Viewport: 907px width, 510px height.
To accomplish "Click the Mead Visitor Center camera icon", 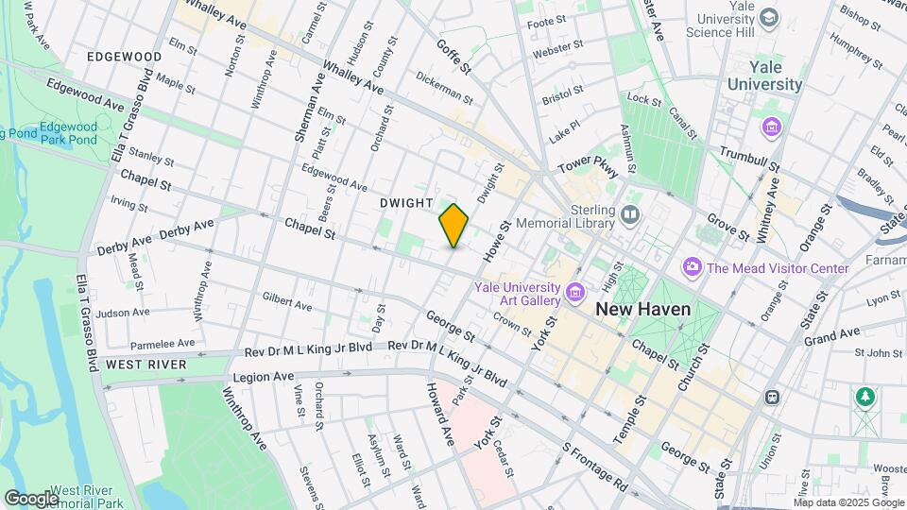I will pyautogui.click(x=693, y=268).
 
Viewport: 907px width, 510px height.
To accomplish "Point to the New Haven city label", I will pyautogui.click(x=643, y=309).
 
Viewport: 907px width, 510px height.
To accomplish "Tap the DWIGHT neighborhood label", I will pyautogui.click(x=406, y=203).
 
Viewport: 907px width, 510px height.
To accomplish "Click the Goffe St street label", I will pyautogui.click(x=453, y=56).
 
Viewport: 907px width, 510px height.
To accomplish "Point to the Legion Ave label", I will pyautogui.click(x=271, y=377).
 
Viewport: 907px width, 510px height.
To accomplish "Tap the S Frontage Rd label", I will pyautogui.click(x=595, y=467).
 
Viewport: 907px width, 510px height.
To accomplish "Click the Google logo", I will pyautogui.click(x=31, y=498).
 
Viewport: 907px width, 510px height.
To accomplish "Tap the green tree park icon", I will pyautogui.click(x=864, y=397).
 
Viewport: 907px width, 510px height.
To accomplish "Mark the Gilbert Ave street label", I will pyautogui.click(x=287, y=301).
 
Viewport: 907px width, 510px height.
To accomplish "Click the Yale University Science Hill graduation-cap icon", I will pyautogui.click(x=770, y=18).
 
